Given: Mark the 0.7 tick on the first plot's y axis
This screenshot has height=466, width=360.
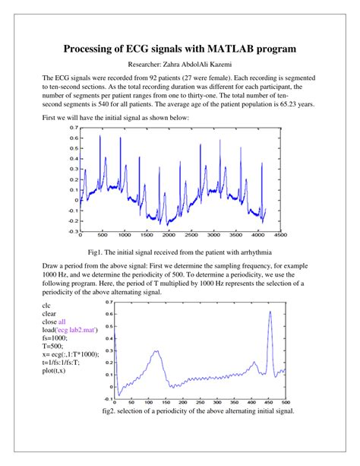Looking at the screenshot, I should pyautogui.click(x=74, y=128).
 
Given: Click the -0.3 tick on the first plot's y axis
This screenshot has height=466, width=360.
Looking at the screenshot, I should pyautogui.click(x=73, y=230).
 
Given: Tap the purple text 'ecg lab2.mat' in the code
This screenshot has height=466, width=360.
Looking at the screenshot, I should pyautogui.click(x=72, y=330).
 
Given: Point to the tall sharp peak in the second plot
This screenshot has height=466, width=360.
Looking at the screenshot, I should pyautogui.click(x=270, y=312).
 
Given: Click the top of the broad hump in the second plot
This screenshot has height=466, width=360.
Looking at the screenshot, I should pyautogui.click(x=156, y=351).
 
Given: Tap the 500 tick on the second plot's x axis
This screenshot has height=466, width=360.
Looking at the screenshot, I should pyautogui.click(x=286, y=402).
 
